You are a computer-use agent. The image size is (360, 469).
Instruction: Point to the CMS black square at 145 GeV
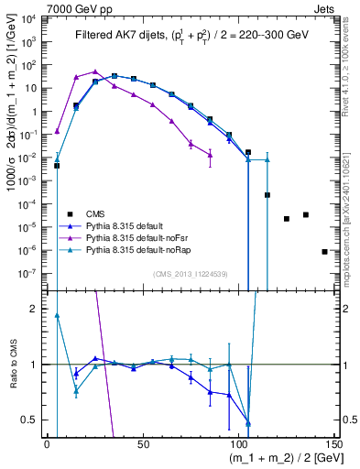tap(324, 251)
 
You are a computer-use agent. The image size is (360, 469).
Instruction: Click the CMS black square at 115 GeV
tap(267, 195)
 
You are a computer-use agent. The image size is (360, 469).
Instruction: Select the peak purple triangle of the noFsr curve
tap(95, 71)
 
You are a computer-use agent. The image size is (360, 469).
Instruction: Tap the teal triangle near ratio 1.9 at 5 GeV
tap(57, 316)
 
